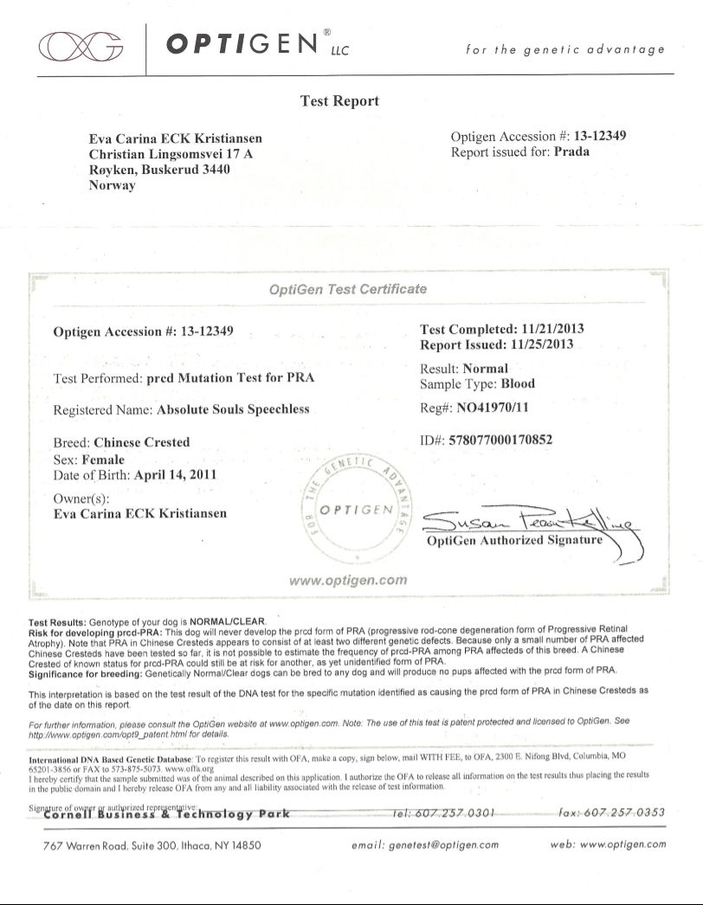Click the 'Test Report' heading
(x=339, y=101)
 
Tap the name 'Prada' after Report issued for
(x=571, y=152)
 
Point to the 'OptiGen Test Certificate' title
(x=348, y=289)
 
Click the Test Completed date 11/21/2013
(x=553, y=330)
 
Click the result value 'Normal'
(x=486, y=369)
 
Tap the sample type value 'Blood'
(x=518, y=384)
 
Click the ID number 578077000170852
(x=499, y=440)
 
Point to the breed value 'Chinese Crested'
(x=141, y=442)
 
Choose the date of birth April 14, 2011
(x=175, y=476)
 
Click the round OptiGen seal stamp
(x=357, y=509)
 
